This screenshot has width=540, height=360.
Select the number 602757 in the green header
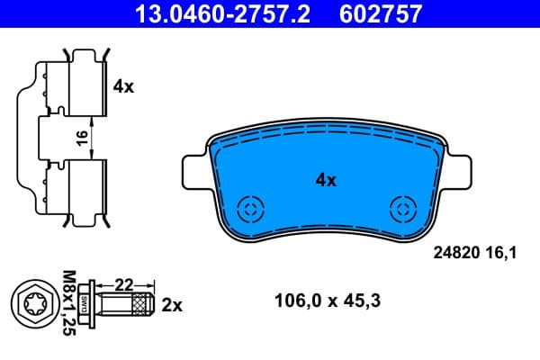pyautogui.click(x=377, y=13)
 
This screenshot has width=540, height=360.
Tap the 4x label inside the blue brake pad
pyautogui.click(x=325, y=180)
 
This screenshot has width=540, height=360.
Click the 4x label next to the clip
pyautogui.click(x=123, y=87)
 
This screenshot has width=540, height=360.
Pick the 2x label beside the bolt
pyautogui.click(x=171, y=306)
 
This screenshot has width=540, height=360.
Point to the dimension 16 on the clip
pyautogui.click(x=81, y=138)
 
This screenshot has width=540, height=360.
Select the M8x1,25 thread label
pyautogui.click(x=68, y=303)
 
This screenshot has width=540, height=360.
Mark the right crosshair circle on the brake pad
pyautogui.click(x=400, y=210)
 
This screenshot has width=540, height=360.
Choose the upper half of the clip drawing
pyautogui.click(x=67, y=85)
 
